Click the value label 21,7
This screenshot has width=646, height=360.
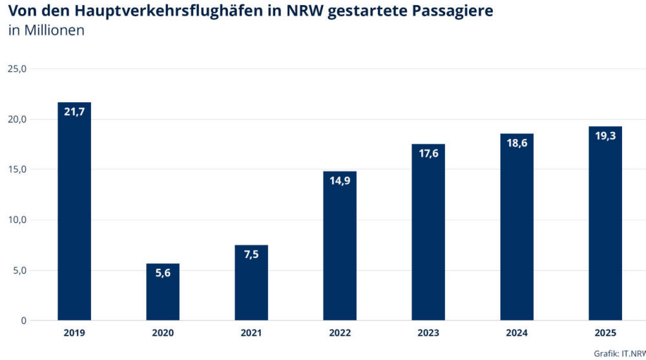coord(74,112)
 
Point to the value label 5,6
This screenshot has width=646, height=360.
coord(163,273)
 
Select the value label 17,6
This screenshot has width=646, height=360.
coord(428,153)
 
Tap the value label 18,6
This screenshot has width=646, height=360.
coord(517,143)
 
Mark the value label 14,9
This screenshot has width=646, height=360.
coord(340,181)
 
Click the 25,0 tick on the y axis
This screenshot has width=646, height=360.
coord(17,69)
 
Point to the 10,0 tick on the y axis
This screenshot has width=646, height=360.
coord(17,220)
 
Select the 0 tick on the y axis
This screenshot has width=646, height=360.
coord(23,321)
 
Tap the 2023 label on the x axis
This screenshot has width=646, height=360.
coord(428,333)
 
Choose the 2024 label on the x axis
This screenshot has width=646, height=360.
coord(517,333)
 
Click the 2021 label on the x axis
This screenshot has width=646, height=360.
coord(251,333)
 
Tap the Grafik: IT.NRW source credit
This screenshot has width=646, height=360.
coord(619,353)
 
